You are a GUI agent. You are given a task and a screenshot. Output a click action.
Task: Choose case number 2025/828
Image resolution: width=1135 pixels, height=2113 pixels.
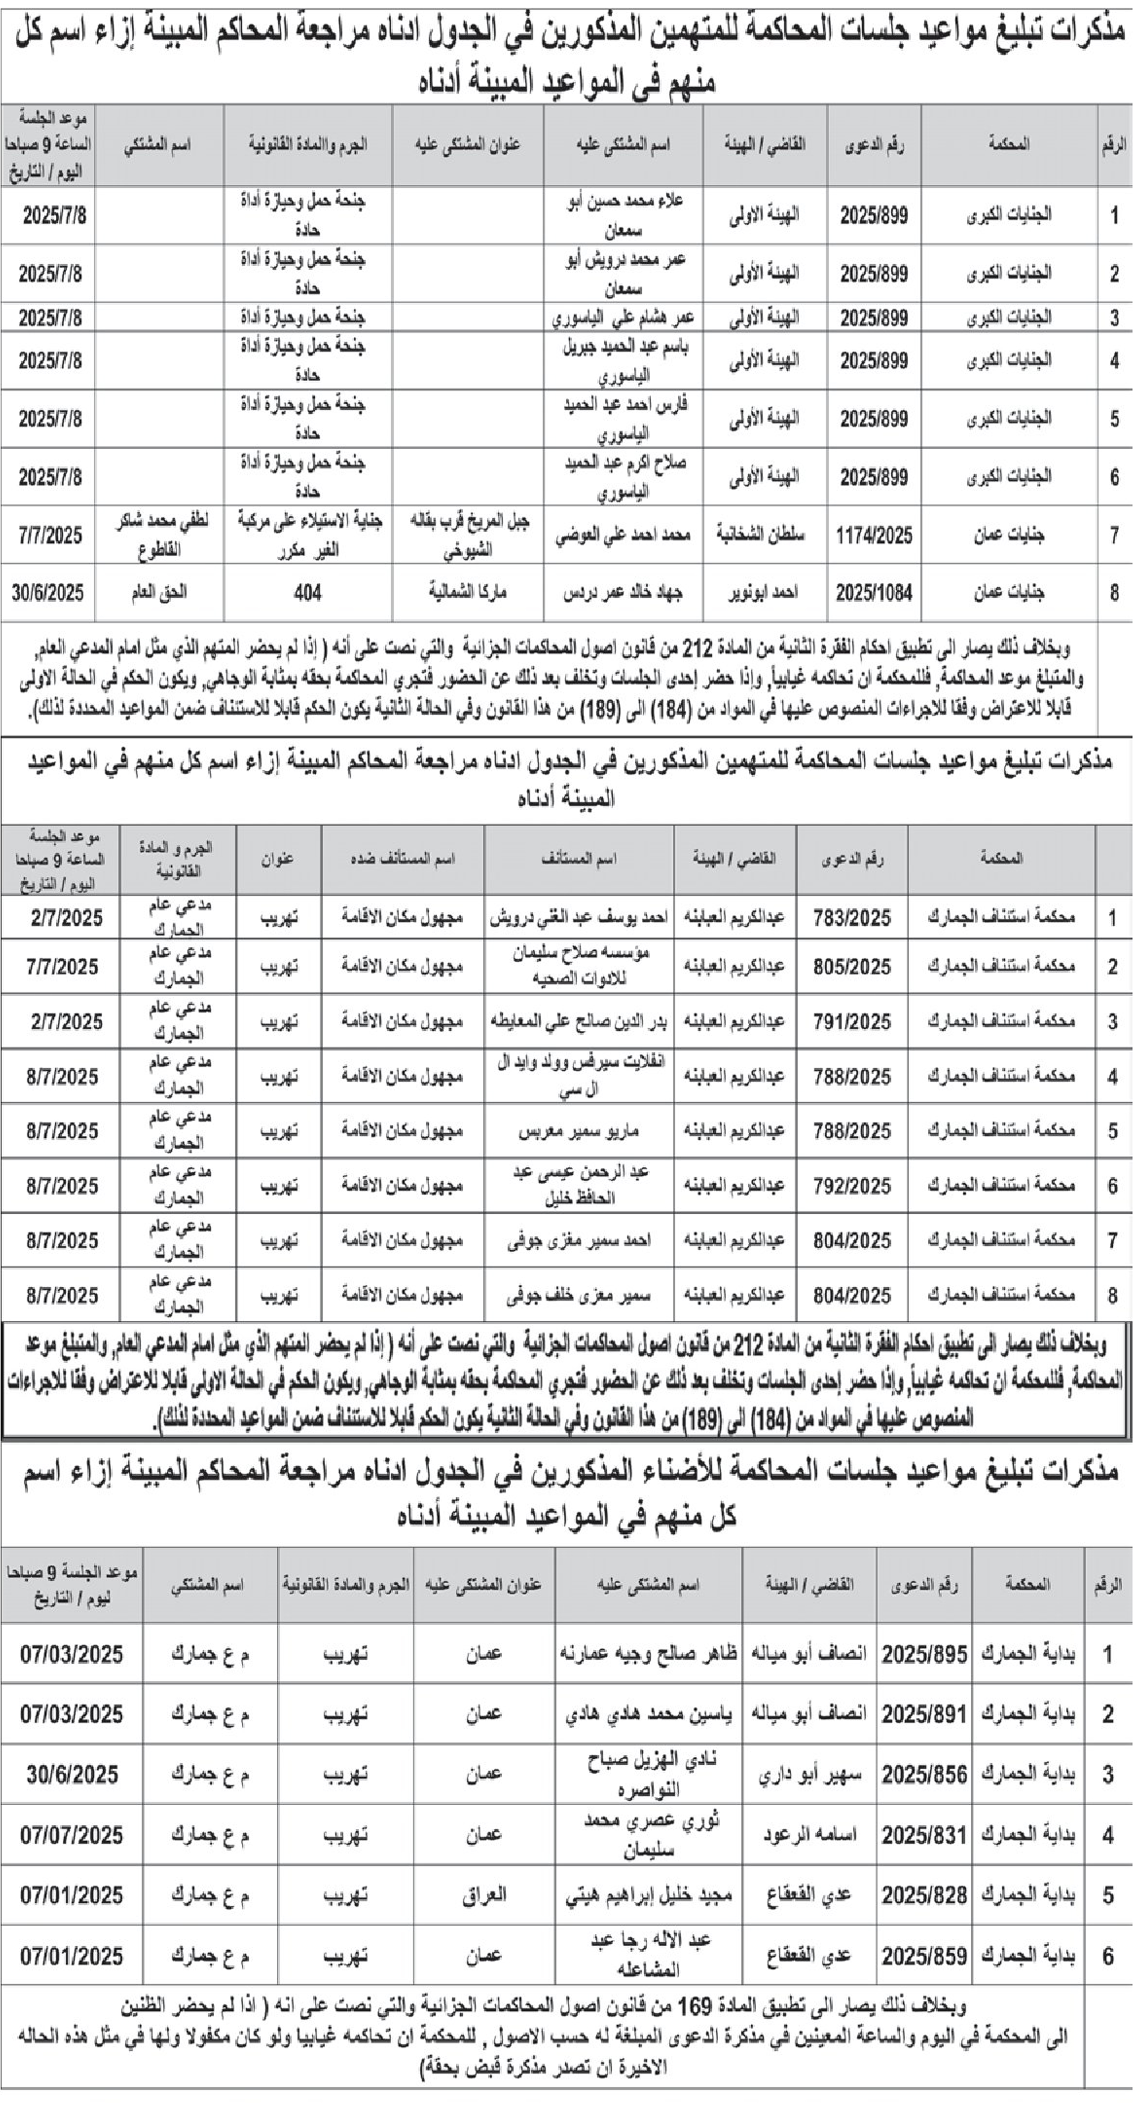coord(924,1896)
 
